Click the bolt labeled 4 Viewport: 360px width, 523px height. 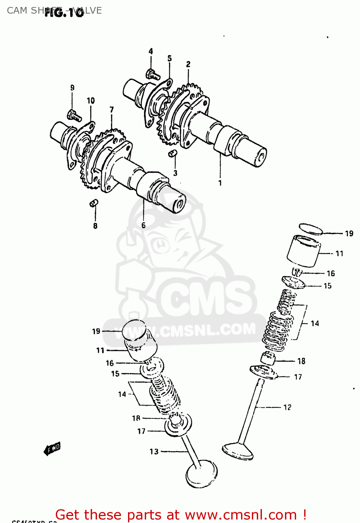point(152,74)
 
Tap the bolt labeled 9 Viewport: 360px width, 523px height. point(74,115)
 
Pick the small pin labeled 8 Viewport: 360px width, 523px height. point(94,203)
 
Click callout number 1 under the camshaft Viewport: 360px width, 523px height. point(220,183)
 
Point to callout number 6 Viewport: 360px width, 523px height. point(143,225)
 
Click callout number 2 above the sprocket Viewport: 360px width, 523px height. point(188,64)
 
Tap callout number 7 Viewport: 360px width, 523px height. point(112,109)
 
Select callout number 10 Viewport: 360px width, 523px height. point(91,101)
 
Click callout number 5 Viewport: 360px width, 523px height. point(170,58)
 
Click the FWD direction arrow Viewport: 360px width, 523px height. point(52,449)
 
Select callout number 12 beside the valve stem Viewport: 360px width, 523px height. point(287,407)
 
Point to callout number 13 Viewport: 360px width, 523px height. point(154,452)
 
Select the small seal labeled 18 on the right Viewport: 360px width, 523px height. point(268,358)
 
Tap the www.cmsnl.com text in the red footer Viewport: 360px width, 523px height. point(240,515)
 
